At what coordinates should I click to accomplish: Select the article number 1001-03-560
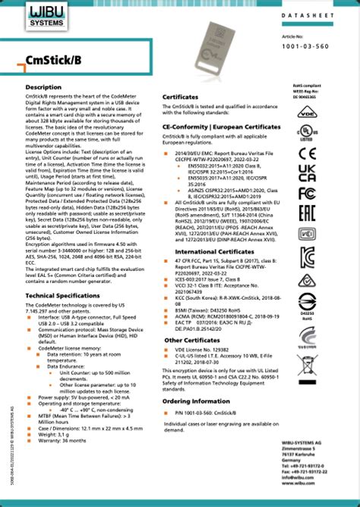click(315, 45)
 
